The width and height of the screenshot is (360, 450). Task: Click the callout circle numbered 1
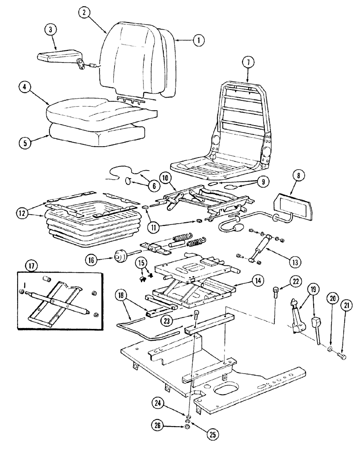197,40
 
